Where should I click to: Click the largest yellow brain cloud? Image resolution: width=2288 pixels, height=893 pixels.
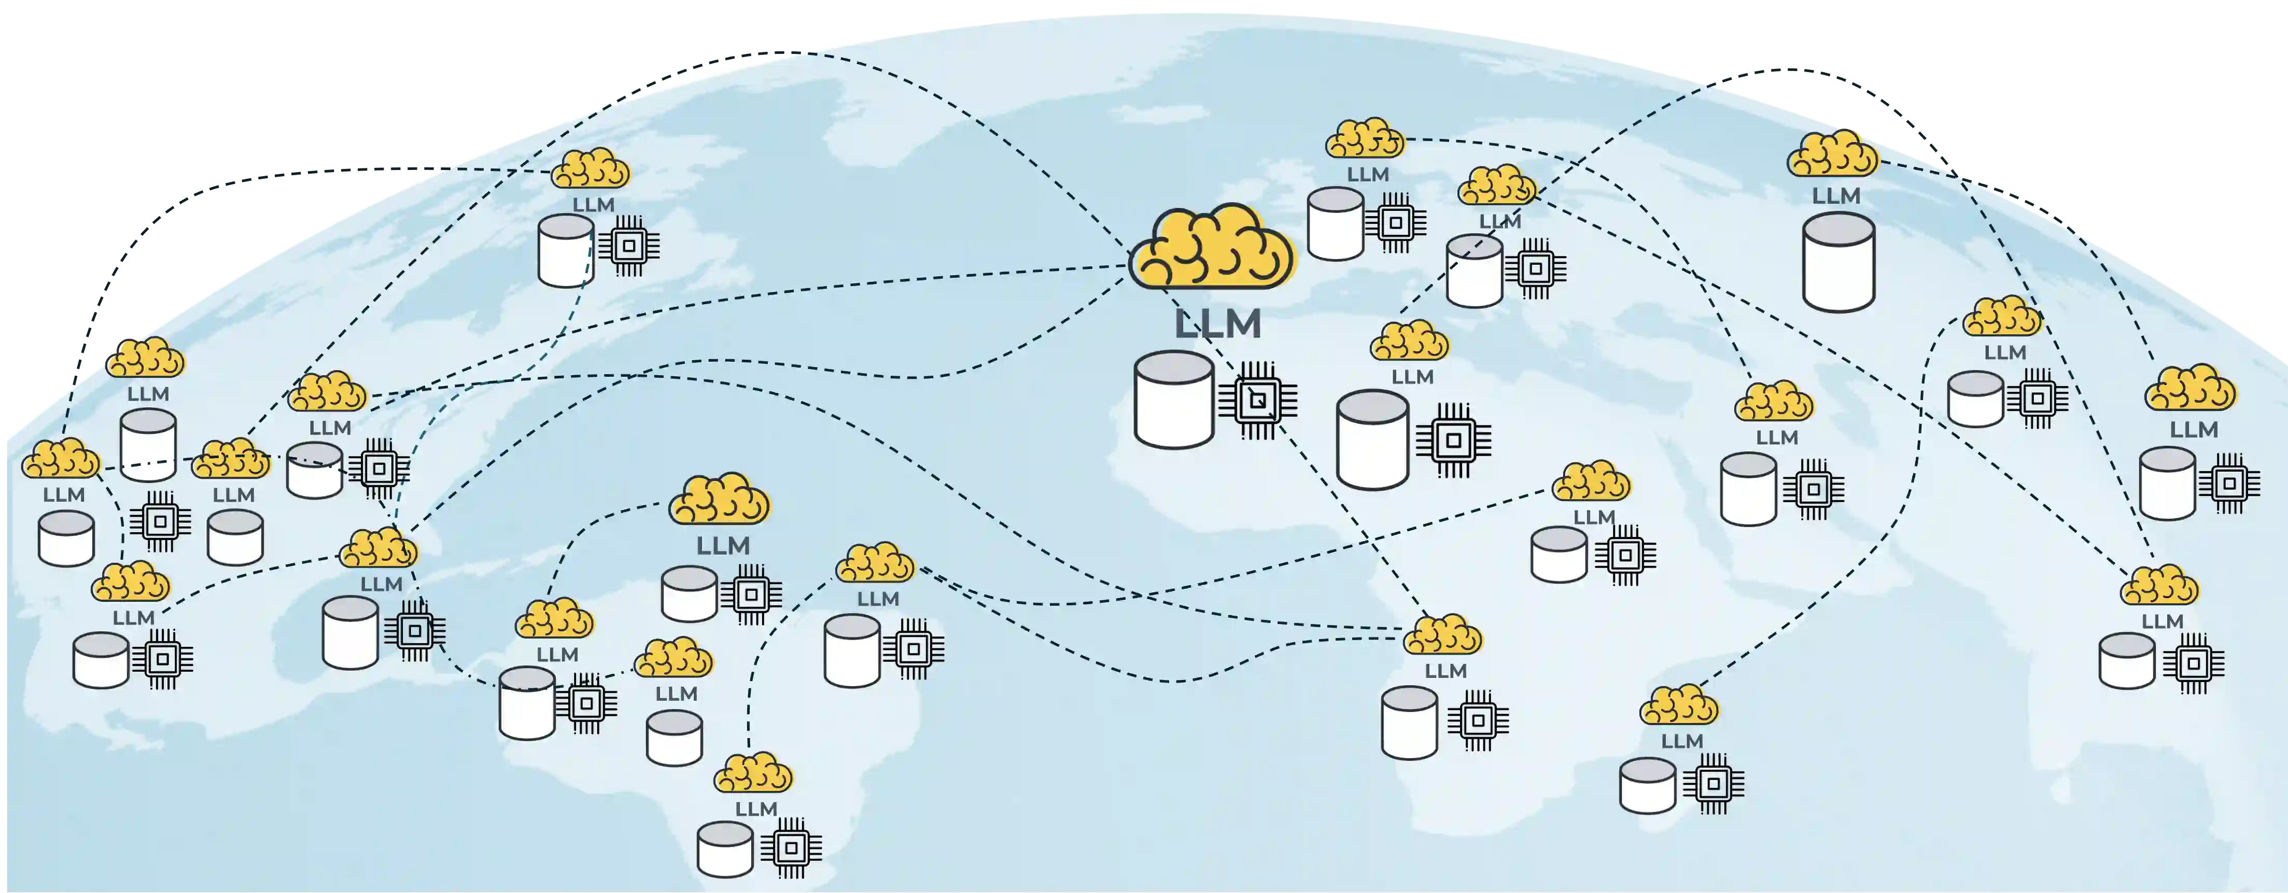point(1212,249)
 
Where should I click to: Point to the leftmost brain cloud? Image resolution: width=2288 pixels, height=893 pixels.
point(60,459)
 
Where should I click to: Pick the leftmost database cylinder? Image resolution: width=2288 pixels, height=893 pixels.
point(66,538)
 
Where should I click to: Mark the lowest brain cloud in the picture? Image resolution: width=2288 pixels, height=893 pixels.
point(753,773)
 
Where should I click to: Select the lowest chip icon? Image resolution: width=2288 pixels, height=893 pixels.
point(791,848)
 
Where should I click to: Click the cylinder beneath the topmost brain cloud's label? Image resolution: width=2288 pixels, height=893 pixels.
point(1335,224)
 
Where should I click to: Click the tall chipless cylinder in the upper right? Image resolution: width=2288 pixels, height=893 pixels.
point(1838,262)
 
